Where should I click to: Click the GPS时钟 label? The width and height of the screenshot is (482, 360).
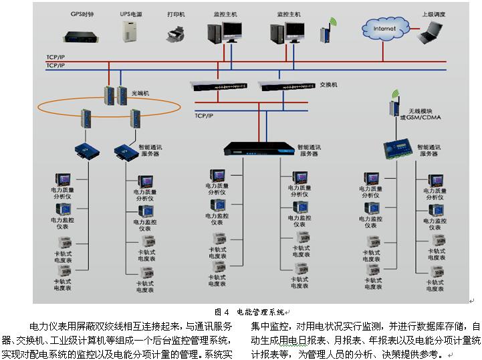82,13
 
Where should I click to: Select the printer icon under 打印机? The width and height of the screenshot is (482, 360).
175,33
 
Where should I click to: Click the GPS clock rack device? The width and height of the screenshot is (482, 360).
82,33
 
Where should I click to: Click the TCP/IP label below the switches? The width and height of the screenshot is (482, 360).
204,115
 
